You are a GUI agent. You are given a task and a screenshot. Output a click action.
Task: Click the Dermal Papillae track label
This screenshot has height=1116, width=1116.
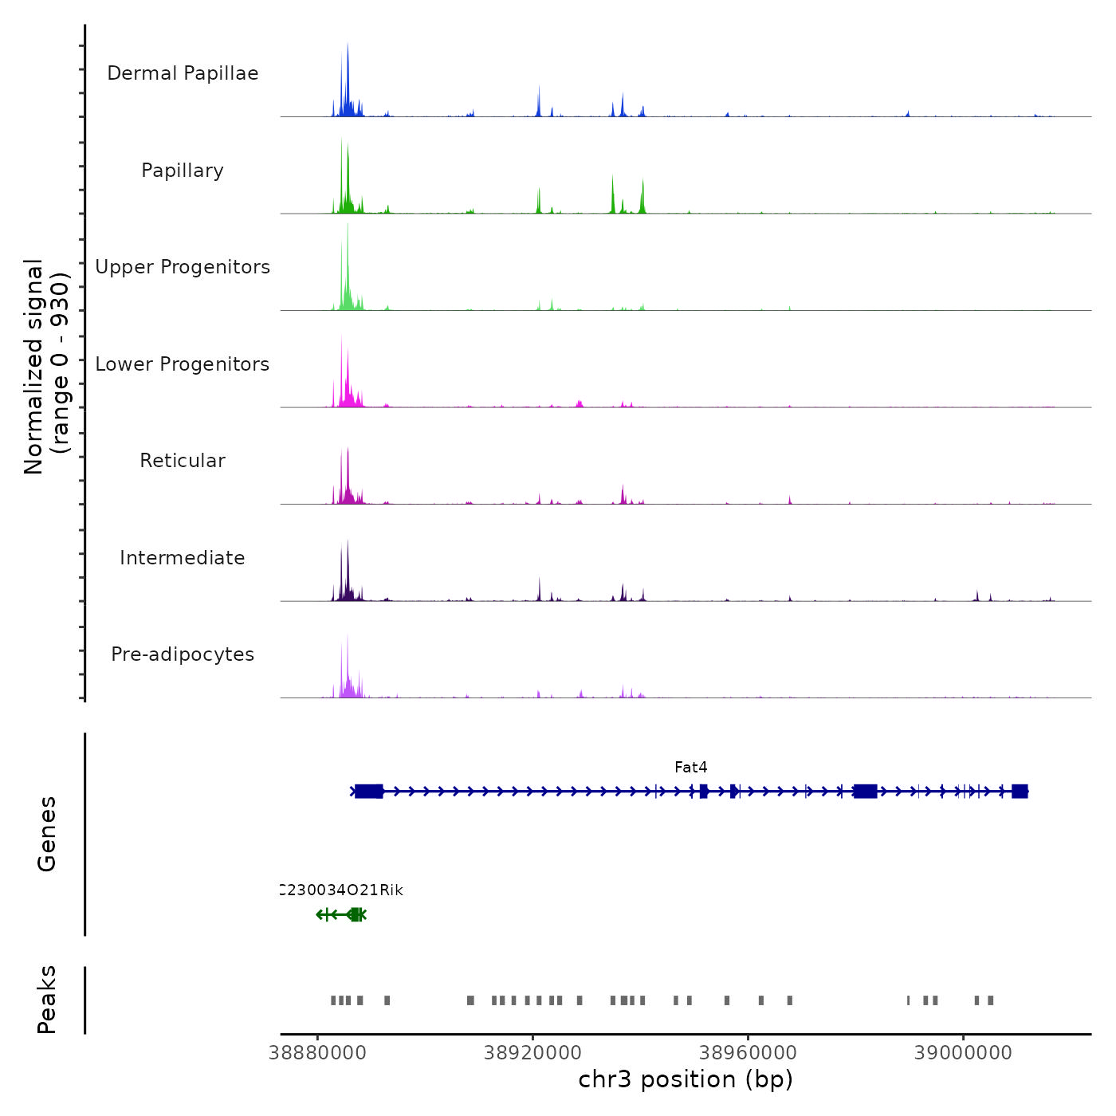tap(183, 73)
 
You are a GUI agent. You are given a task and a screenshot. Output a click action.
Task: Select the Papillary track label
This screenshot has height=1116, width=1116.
tap(183, 171)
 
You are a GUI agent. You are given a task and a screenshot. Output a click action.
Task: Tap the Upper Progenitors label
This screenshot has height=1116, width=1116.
tap(183, 267)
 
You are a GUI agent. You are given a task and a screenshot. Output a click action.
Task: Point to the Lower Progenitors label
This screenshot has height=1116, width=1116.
tap(183, 364)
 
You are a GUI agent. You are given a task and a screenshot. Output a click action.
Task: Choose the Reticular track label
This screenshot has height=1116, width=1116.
tap(183, 461)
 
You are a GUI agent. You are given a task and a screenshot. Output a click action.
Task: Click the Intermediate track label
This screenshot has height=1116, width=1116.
tap(183, 558)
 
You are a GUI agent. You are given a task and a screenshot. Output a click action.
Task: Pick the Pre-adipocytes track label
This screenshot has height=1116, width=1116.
tap(183, 654)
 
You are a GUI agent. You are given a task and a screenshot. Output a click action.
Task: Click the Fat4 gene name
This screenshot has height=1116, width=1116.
tap(690, 768)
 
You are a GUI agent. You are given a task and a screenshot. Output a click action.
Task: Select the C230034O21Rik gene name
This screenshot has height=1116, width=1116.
tap(342, 890)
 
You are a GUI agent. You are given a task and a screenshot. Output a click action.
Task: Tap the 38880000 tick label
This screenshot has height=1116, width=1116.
tap(318, 1053)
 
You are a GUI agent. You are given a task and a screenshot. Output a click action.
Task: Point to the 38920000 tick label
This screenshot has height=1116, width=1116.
tap(532, 1053)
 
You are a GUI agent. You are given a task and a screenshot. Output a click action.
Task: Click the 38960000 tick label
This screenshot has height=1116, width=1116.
tap(748, 1053)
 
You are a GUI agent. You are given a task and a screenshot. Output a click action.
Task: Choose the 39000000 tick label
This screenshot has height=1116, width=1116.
tap(963, 1053)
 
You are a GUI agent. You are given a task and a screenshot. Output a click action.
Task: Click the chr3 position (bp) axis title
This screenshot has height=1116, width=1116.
tap(686, 1080)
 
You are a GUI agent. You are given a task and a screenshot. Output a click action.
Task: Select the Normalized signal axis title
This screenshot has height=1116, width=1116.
tap(46, 367)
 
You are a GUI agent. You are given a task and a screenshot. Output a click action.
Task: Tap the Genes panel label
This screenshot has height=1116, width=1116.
tap(47, 834)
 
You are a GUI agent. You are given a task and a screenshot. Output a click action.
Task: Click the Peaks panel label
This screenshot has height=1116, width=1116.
tap(47, 1000)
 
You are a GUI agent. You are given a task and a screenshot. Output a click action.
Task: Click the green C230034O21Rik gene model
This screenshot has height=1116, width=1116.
tap(341, 914)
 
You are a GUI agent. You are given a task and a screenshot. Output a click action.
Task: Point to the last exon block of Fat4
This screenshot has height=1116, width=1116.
tap(1020, 792)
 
